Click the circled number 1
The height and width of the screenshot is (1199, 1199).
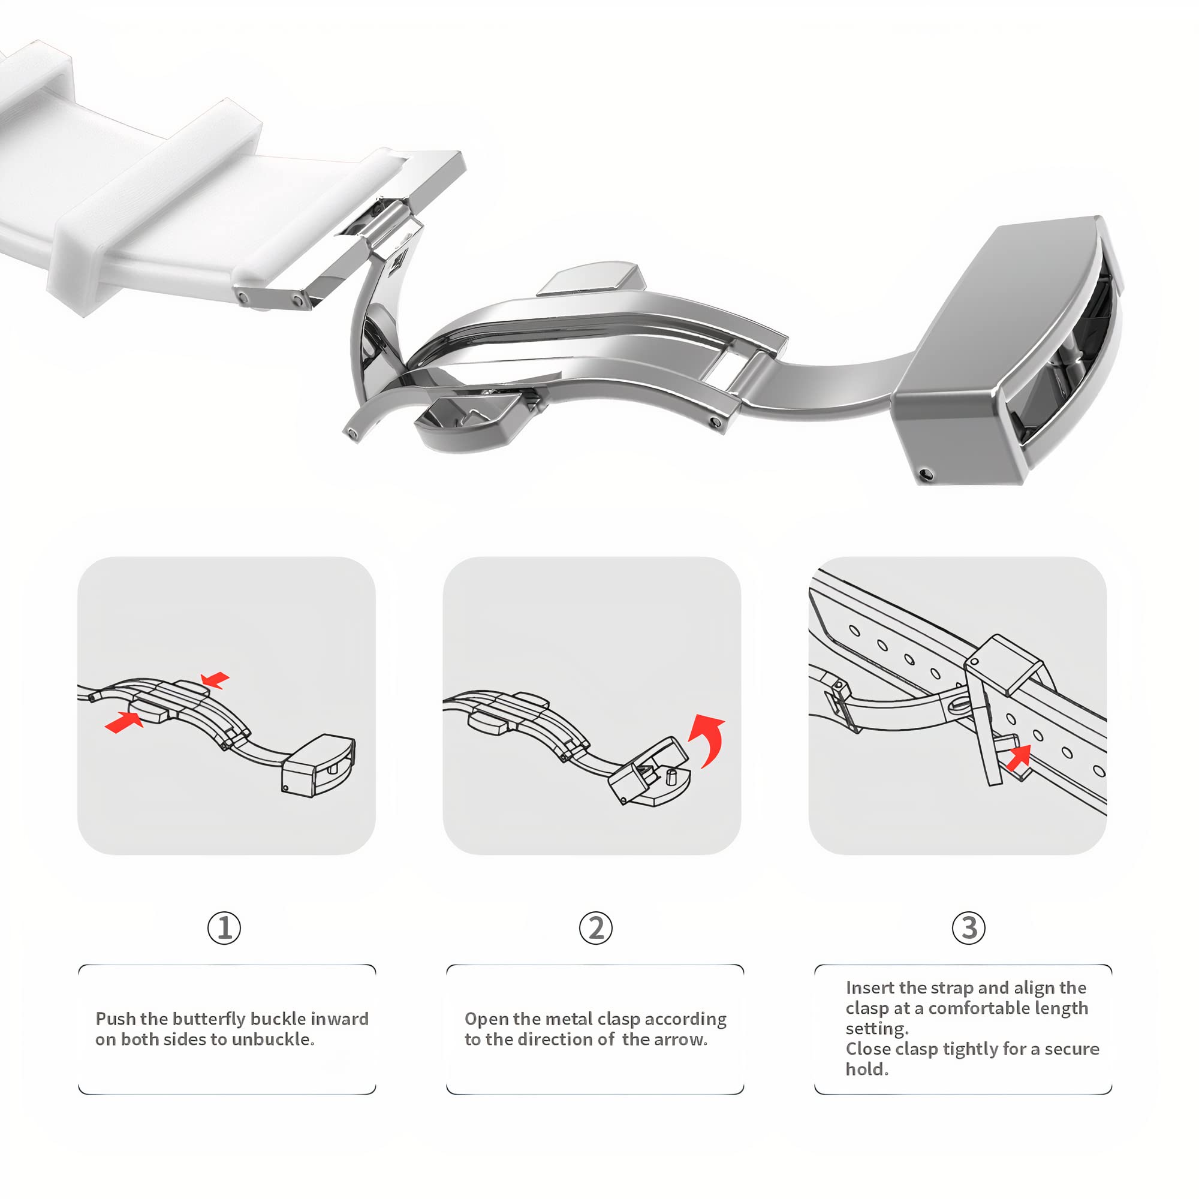tap(224, 928)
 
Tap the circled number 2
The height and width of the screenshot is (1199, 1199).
tap(596, 928)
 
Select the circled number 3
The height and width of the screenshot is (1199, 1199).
tap(968, 928)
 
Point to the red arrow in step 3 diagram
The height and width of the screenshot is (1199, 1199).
tap(1019, 758)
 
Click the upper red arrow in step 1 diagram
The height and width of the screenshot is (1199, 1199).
tap(215, 680)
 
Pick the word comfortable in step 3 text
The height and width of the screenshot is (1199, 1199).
tap(972, 1008)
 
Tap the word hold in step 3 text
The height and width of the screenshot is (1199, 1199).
tap(864, 1070)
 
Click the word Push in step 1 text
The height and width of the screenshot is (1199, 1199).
tap(116, 1019)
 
